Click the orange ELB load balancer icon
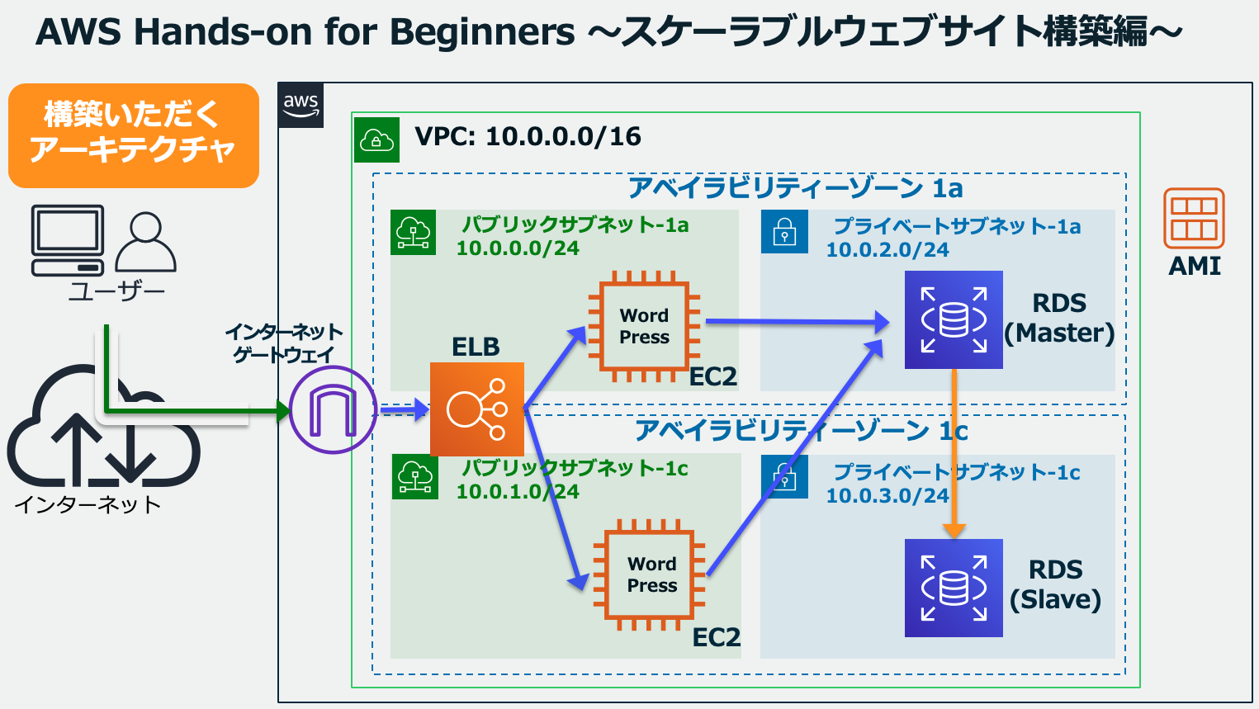(x=477, y=409)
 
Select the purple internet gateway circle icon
(x=333, y=410)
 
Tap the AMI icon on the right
(x=1194, y=219)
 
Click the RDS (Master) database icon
(x=954, y=319)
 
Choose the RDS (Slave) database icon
(x=954, y=588)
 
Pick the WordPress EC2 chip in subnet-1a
(x=644, y=326)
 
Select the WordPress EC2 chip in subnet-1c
(x=651, y=574)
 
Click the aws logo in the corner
(x=301, y=105)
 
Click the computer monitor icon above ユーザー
(x=68, y=239)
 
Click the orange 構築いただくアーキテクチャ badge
(x=134, y=135)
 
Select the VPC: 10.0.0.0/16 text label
(x=528, y=137)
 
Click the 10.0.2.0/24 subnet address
(x=887, y=250)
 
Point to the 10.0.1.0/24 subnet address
(x=518, y=492)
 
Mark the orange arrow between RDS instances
(x=954, y=454)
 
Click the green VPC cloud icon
(x=376, y=139)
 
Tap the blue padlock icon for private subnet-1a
(x=784, y=232)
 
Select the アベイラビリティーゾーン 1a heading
(x=796, y=188)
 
